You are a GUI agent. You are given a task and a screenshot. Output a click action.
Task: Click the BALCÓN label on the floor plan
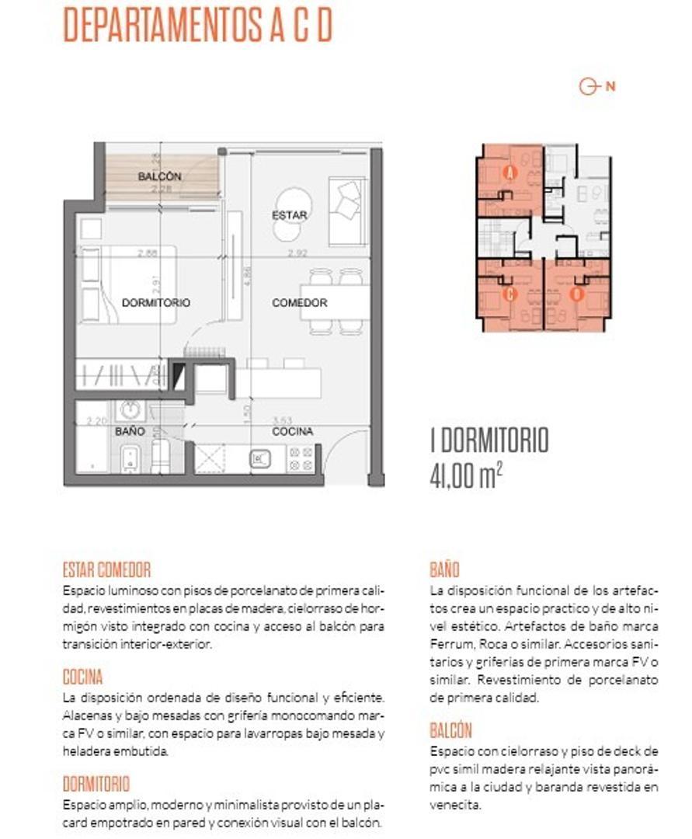click(x=159, y=176)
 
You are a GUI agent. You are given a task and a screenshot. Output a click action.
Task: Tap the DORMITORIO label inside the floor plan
click(x=155, y=302)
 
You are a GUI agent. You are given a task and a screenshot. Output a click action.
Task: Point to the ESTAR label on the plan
click(x=289, y=215)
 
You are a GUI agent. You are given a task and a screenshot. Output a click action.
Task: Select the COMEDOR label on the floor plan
click(x=299, y=302)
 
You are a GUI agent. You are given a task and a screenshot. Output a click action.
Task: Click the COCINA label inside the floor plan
click(x=293, y=431)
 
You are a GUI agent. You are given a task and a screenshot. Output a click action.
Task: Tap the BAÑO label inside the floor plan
click(x=130, y=430)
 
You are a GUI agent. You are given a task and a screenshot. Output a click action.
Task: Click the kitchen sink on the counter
click(x=260, y=459)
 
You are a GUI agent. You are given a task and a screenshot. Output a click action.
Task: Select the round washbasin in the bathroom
click(x=129, y=409)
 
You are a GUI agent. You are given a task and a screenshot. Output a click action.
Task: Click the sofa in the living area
click(x=347, y=212)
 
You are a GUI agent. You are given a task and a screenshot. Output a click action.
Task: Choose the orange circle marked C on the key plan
click(x=510, y=294)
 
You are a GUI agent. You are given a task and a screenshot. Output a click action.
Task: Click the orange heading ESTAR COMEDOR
click(x=106, y=570)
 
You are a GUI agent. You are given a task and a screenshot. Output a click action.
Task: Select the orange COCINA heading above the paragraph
click(x=82, y=677)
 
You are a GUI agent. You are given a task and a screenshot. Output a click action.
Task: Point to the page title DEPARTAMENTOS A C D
click(x=197, y=25)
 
